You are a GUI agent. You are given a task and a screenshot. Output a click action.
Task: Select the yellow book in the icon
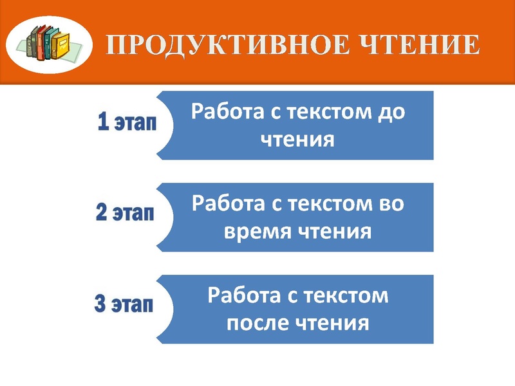pyautogui.click(x=62, y=44)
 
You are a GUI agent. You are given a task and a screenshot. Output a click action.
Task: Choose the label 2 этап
pyautogui.click(x=125, y=214)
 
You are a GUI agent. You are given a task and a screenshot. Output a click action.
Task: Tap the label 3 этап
pyautogui.click(x=124, y=304)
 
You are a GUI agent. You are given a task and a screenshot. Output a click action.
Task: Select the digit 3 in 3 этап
pyautogui.click(x=100, y=304)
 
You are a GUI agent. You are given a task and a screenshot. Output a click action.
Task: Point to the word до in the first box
pyautogui.click(x=391, y=112)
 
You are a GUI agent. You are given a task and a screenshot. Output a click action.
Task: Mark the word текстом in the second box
pyautogui.click(x=325, y=204)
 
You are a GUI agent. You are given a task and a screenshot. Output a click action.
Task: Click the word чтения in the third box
pyautogui.click(x=332, y=322)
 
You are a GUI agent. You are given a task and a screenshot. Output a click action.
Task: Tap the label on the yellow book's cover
pyautogui.click(x=64, y=44)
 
